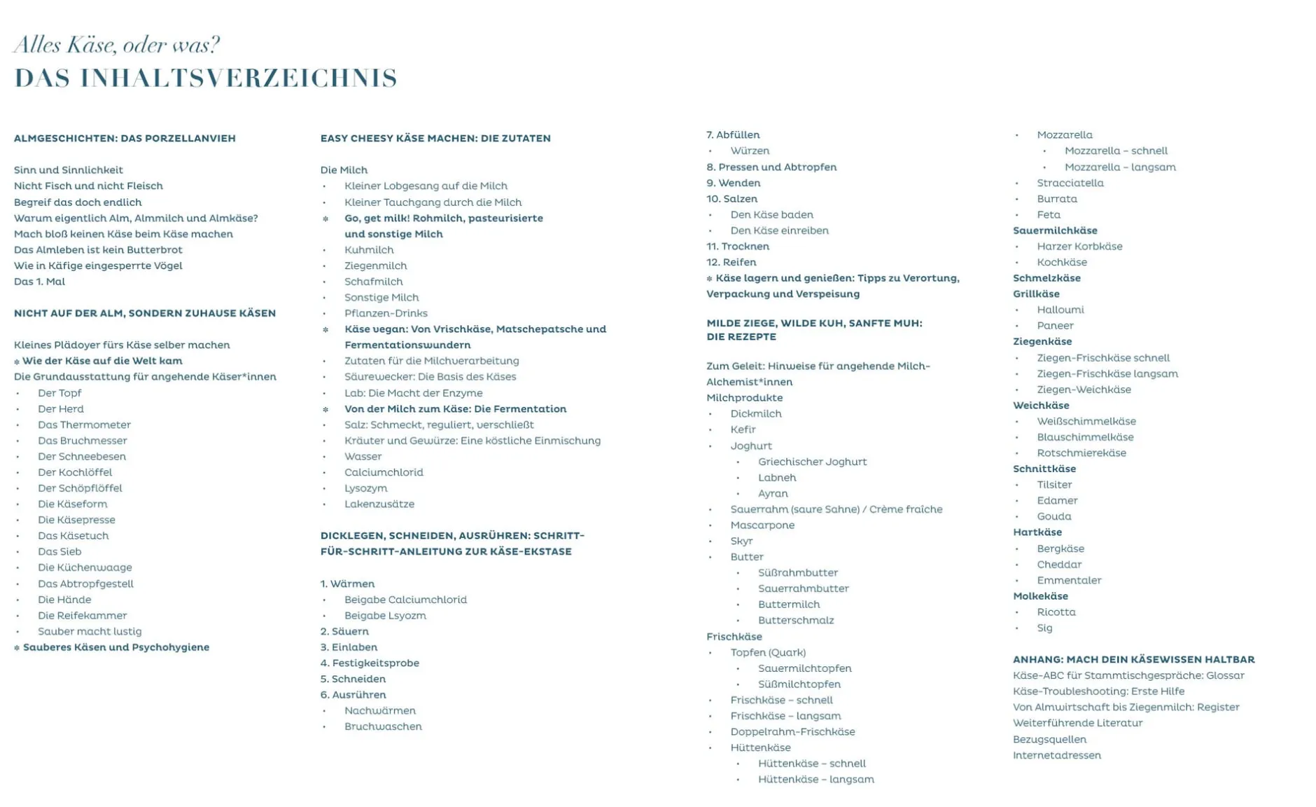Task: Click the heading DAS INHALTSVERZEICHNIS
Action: pos(206,78)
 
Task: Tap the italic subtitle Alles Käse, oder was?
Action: pos(116,45)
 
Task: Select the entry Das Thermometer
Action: pos(84,425)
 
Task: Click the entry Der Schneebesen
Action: pos(82,456)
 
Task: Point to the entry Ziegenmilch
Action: pos(375,265)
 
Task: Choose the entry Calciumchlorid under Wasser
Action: pos(384,472)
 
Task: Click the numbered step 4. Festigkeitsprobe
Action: pos(370,663)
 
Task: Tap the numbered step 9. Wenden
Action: pos(733,183)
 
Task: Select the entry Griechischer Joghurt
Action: pos(812,462)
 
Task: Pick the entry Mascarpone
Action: pos(762,525)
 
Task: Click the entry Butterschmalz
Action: pos(796,620)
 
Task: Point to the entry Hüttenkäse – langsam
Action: pos(815,779)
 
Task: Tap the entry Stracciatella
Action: pos(1070,183)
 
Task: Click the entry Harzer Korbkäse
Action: pos(1079,247)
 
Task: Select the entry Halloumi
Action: pos(1060,310)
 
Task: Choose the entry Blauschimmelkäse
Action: pos(1085,437)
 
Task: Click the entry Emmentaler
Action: pos(1069,580)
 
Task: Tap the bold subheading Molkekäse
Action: pos(1040,596)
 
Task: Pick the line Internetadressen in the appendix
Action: pos(1056,755)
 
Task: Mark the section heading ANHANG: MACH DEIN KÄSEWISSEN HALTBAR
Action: pos(1133,659)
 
